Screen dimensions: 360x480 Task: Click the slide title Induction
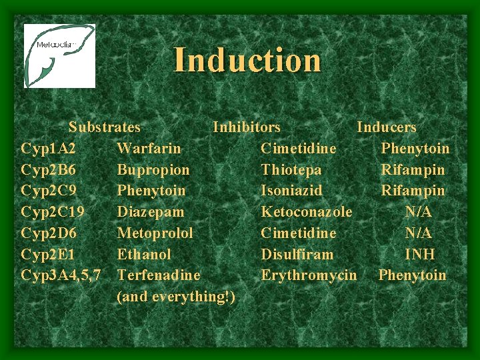247,60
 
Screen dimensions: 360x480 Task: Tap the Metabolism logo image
59,56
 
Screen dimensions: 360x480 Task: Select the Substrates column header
105,127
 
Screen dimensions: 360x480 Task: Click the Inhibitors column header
247,127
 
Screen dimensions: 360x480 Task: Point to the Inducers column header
387,127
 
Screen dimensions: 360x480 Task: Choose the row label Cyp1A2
48,148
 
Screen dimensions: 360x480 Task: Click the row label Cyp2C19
53,212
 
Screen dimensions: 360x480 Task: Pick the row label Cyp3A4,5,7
61,275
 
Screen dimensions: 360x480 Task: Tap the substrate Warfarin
149,148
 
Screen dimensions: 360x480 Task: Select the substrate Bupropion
153,169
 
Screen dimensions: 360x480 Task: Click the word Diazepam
151,212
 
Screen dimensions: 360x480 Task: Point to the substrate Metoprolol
155,233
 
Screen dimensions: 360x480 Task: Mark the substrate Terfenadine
158,275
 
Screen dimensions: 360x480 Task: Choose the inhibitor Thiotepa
291,169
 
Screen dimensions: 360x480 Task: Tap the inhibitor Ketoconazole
307,212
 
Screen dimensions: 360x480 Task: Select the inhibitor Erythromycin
309,275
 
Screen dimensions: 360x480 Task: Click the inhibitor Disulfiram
297,254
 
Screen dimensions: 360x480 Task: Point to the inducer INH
420,254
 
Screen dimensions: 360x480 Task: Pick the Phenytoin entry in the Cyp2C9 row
151,191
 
